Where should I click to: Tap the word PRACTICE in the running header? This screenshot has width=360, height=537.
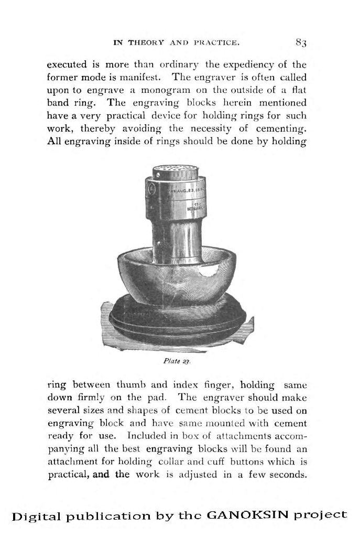pyautogui.click(x=216, y=41)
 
